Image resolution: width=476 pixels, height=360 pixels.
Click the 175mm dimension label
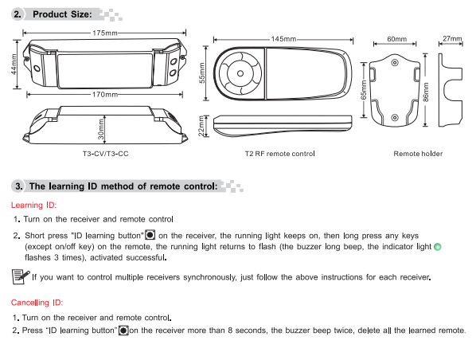[x=105, y=33]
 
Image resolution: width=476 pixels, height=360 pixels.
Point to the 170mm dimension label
[x=105, y=95]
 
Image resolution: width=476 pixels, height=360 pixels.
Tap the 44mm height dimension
[x=14, y=64]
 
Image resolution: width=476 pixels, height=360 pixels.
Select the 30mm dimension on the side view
[x=101, y=129]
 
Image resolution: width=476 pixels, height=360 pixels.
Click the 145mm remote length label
[x=283, y=39]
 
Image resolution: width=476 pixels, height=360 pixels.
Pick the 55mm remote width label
[x=202, y=73]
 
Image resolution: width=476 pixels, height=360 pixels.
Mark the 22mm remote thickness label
[x=201, y=126]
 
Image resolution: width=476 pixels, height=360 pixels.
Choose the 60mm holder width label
[x=396, y=39]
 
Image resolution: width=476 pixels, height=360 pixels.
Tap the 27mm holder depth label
[x=452, y=38]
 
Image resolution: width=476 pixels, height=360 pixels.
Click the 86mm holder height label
[x=426, y=92]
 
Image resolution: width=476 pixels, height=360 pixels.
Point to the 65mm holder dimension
[x=364, y=90]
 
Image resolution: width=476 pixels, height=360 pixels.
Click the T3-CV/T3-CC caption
[x=106, y=154]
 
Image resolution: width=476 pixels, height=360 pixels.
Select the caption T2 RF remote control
[x=280, y=154]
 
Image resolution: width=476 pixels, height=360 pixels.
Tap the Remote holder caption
[x=418, y=154]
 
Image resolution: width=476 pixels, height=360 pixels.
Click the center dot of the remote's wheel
[x=240, y=73]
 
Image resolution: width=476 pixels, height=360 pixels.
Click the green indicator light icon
[x=438, y=247]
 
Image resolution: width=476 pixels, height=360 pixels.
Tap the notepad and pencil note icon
[x=21, y=276]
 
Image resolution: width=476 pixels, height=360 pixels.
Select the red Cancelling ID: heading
[x=37, y=303]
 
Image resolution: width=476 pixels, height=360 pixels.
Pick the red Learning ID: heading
[x=33, y=205]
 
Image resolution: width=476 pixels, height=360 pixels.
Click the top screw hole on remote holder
[x=395, y=63]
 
